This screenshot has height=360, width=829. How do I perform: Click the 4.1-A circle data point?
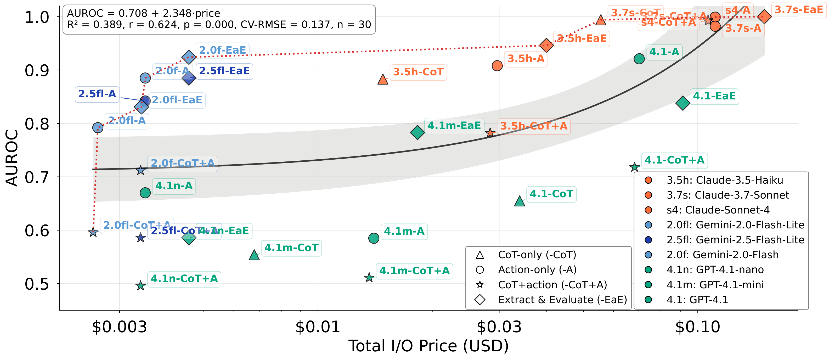tap(639, 59)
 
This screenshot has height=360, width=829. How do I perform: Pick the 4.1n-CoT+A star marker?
tap(140, 285)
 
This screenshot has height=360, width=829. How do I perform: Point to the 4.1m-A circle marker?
tap(374, 238)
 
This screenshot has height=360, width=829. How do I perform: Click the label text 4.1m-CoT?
tap(291, 248)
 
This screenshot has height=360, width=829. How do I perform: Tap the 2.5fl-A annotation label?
tap(97, 94)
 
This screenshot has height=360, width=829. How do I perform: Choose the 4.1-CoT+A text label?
tap(675, 160)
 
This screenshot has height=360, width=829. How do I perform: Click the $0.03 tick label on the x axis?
tap(499, 327)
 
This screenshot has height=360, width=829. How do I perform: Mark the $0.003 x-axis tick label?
tap(119, 327)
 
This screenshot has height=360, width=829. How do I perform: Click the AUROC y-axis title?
tap(12, 158)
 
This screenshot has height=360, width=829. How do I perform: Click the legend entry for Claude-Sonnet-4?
tap(718, 210)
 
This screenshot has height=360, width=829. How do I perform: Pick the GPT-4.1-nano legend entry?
tap(715, 269)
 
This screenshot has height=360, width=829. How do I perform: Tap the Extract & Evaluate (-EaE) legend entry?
tap(562, 300)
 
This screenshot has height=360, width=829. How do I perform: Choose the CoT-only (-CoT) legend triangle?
tap(480, 255)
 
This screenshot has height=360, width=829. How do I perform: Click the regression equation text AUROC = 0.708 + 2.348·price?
tap(144, 13)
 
